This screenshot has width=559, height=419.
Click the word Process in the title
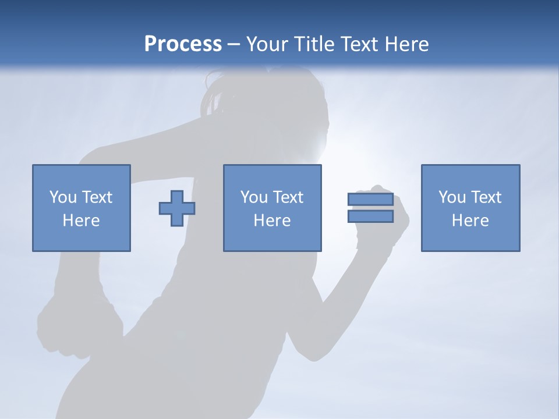pos(183,44)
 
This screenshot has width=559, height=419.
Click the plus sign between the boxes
pos(177,208)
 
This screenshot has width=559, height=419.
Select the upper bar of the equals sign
pos(370,200)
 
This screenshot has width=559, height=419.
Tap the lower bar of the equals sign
pos(370,216)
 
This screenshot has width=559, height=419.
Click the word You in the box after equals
pos(452,197)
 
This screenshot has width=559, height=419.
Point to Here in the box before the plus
pos(82,221)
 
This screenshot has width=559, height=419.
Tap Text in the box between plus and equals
pos(289,197)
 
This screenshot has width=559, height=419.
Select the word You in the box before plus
pos(63,197)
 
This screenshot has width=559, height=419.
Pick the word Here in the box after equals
pos(470,221)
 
